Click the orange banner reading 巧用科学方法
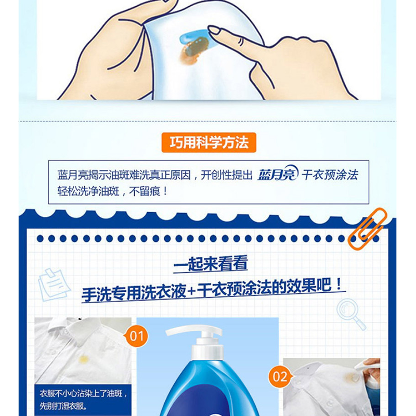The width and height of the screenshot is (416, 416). click(x=209, y=142)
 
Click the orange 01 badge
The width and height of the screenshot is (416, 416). click(x=136, y=336)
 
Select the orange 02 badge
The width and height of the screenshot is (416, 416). click(x=280, y=376)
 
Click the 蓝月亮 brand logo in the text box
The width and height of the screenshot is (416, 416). click(x=278, y=174)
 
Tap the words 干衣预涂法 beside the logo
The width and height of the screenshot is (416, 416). click(x=330, y=175)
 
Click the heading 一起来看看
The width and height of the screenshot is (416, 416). click(x=211, y=264)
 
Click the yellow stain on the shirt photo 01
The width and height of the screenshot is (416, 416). click(x=84, y=359)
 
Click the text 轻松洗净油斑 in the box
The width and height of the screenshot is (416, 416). click(x=88, y=191)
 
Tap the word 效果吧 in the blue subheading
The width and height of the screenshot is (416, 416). click(x=309, y=287)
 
